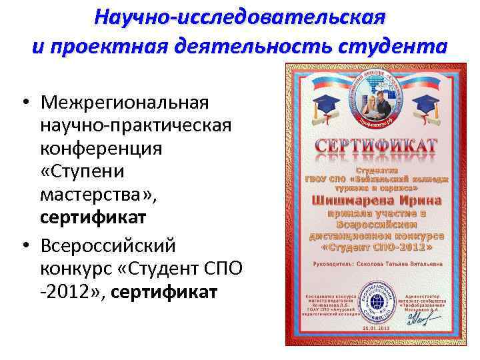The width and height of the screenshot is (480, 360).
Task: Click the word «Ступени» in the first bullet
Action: tap(82, 171)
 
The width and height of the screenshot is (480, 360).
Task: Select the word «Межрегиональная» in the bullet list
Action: tap(125, 103)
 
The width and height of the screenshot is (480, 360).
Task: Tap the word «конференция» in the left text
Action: tap(101, 149)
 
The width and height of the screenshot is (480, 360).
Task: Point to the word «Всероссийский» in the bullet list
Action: tap(108, 246)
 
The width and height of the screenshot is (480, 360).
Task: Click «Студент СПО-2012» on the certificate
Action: tap(377, 246)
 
